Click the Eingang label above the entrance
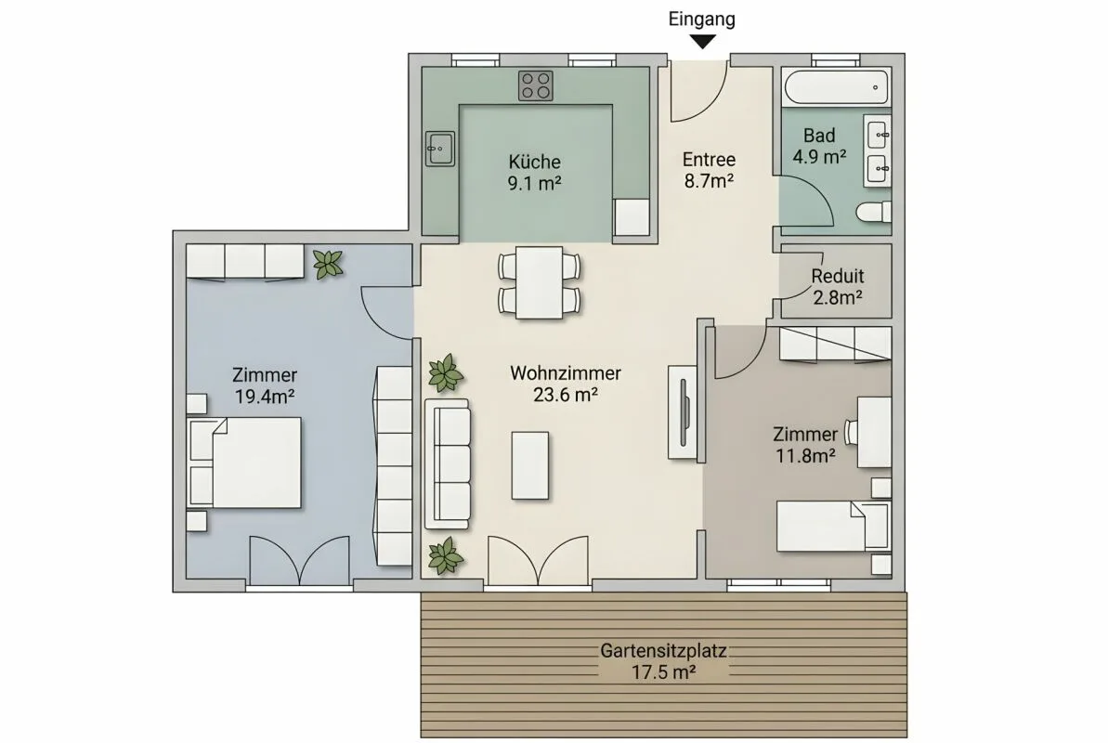point(702,20)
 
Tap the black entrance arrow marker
point(702,43)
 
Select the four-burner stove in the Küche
point(536,85)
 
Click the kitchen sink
point(439,149)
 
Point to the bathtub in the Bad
point(835,87)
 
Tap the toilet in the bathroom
point(873,212)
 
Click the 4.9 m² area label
point(819,156)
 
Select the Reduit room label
point(838,276)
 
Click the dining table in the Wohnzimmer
point(540,282)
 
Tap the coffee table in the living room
point(530,466)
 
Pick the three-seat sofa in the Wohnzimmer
point(447,463)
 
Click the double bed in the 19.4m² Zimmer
point(244,463)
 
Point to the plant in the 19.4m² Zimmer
point(328,264)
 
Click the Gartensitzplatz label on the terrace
point(663,650)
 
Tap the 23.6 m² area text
point(566,394)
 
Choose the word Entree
point(709,160)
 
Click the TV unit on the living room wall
point(683,413)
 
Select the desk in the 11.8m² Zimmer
point(874,432)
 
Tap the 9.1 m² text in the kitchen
point(534,183)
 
